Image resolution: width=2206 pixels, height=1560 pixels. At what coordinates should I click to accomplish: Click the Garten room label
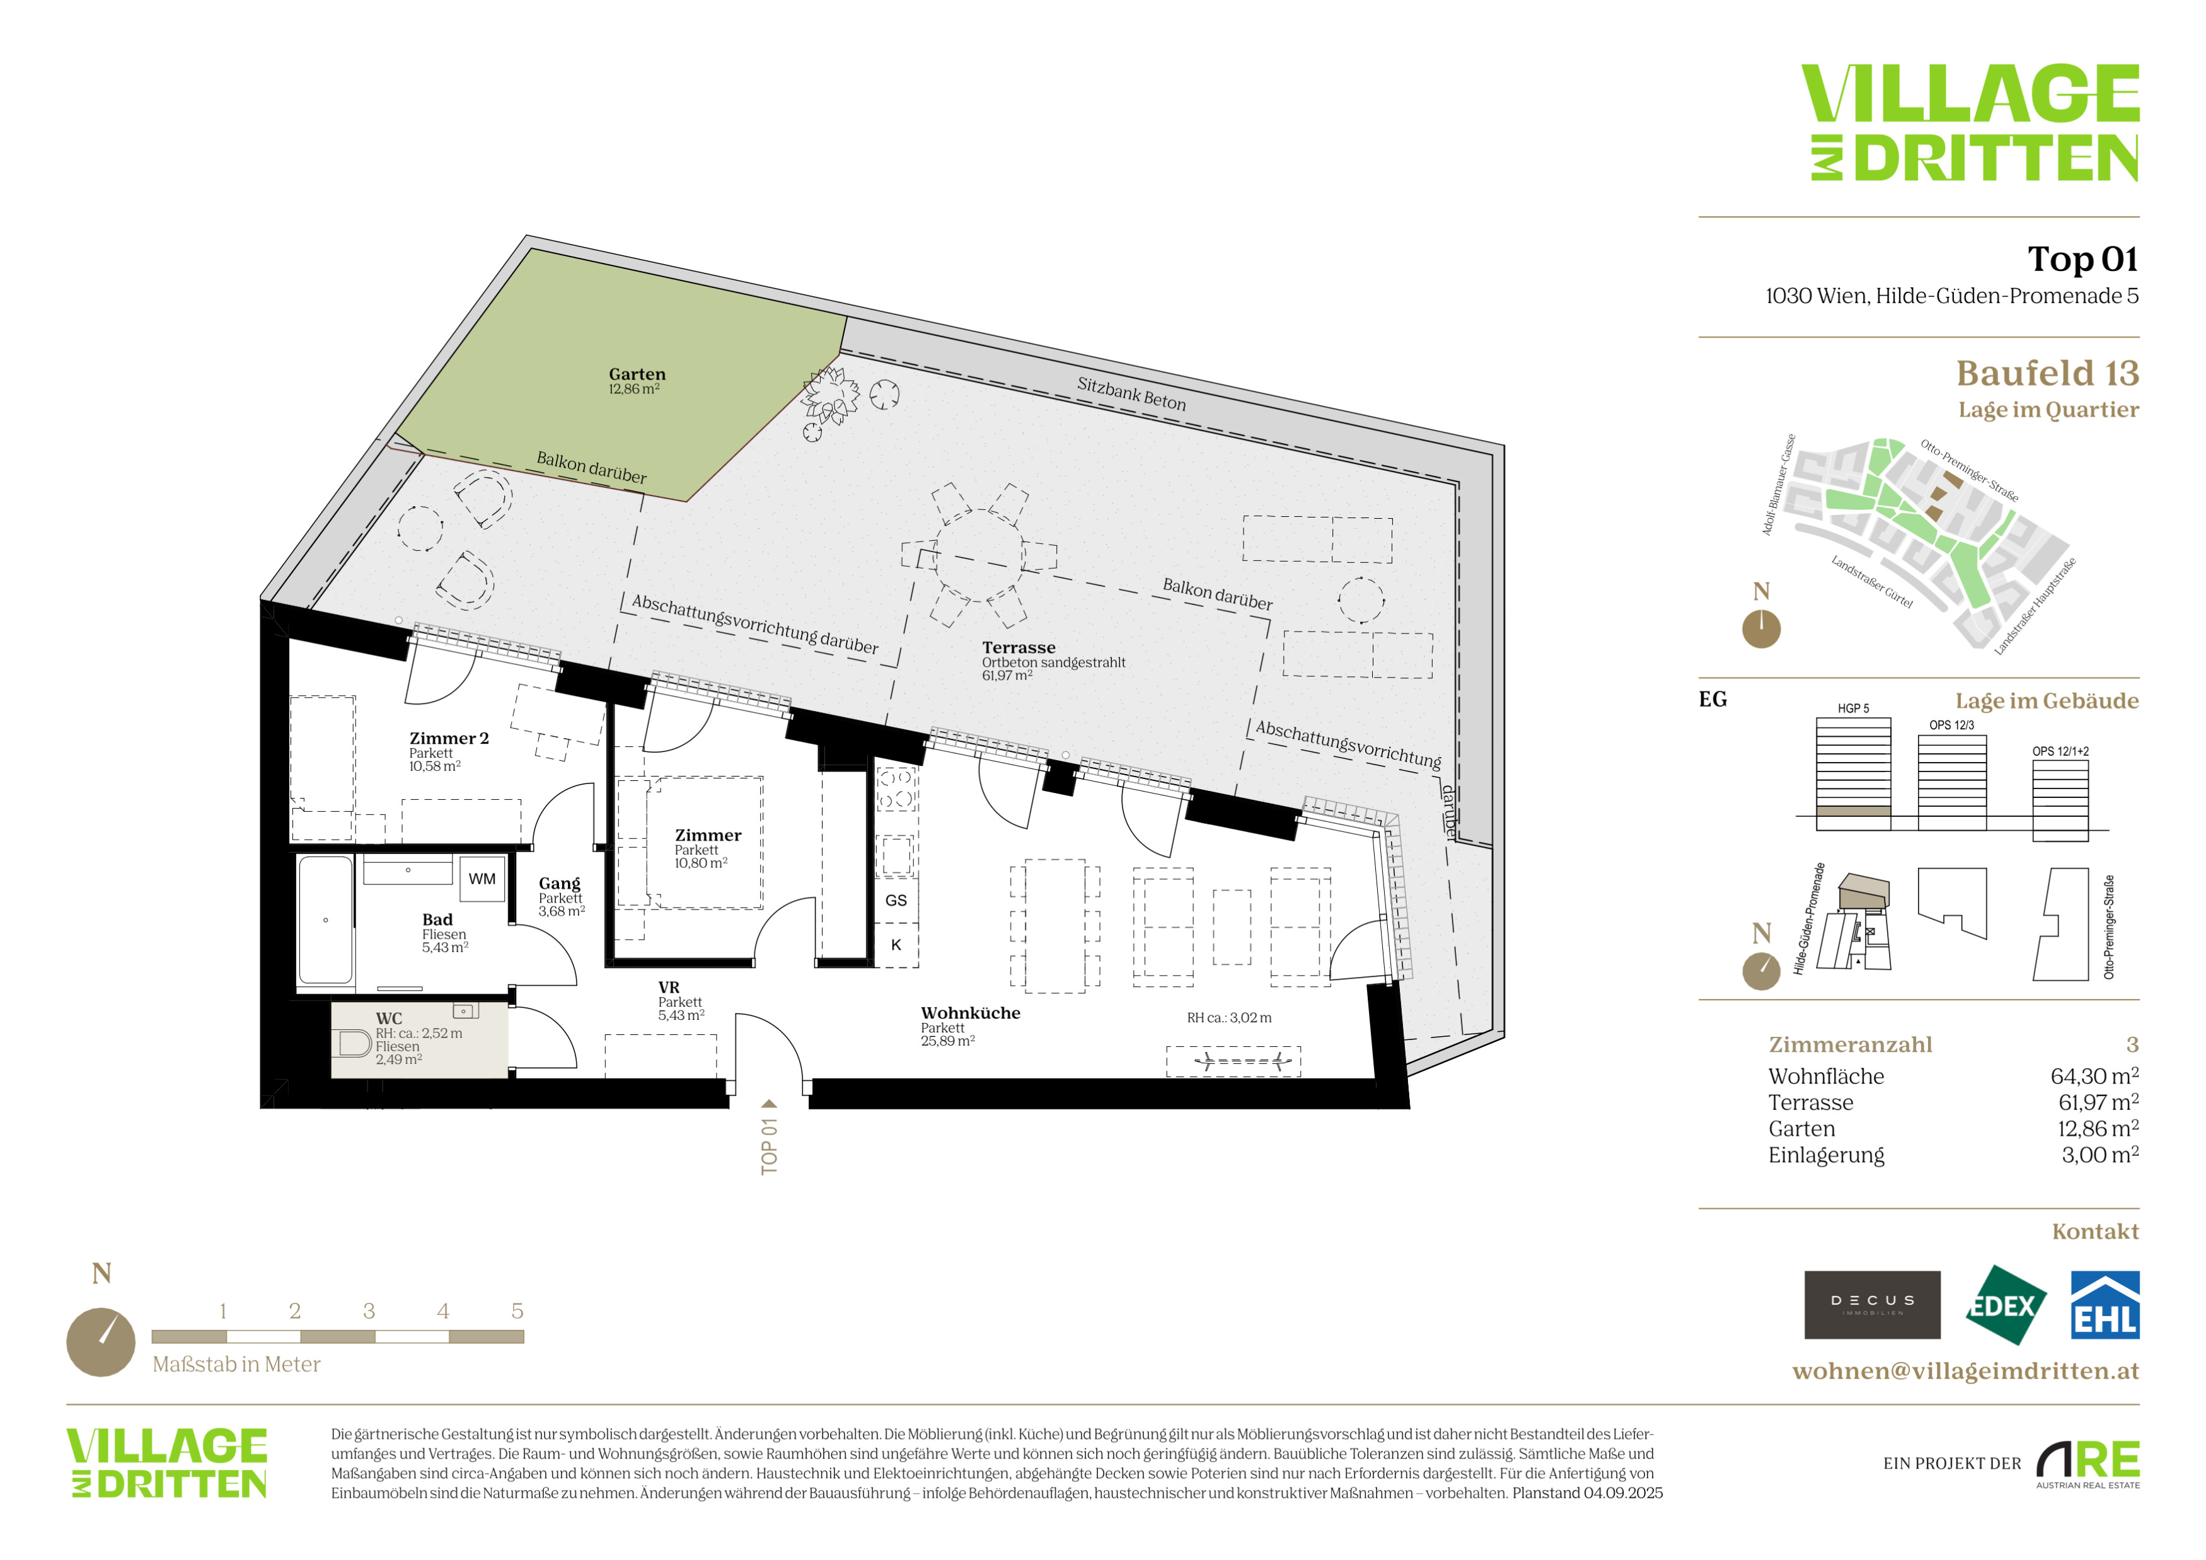(637, 374)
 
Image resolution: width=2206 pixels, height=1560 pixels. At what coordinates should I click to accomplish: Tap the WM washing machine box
(482, 879)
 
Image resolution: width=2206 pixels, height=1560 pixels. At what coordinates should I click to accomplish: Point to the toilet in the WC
(354, 1043)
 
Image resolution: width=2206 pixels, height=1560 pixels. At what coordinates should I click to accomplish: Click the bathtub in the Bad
(326, 920)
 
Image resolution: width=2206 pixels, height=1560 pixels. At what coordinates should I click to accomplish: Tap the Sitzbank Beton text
(1131, 394)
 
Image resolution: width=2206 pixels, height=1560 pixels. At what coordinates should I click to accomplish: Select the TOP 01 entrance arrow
(769, 1103)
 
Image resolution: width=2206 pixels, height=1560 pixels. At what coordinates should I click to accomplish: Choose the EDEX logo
(2005, 1305)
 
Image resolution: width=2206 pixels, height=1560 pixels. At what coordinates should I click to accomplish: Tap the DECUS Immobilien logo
(1872, 1305)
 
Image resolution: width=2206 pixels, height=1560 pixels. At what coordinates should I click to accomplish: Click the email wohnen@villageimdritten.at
(1966, 1371)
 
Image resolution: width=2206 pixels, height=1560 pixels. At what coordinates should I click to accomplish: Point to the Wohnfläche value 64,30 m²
(2094, 1076)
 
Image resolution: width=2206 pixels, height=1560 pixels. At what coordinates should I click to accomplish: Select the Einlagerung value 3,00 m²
(2100, 1155)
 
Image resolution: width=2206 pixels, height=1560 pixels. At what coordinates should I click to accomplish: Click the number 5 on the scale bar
(517, 1311)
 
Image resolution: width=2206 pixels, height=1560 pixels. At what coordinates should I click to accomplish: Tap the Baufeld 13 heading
(2047, 373)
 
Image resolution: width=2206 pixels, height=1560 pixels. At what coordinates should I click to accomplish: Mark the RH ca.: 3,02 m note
(1229, 1018)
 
